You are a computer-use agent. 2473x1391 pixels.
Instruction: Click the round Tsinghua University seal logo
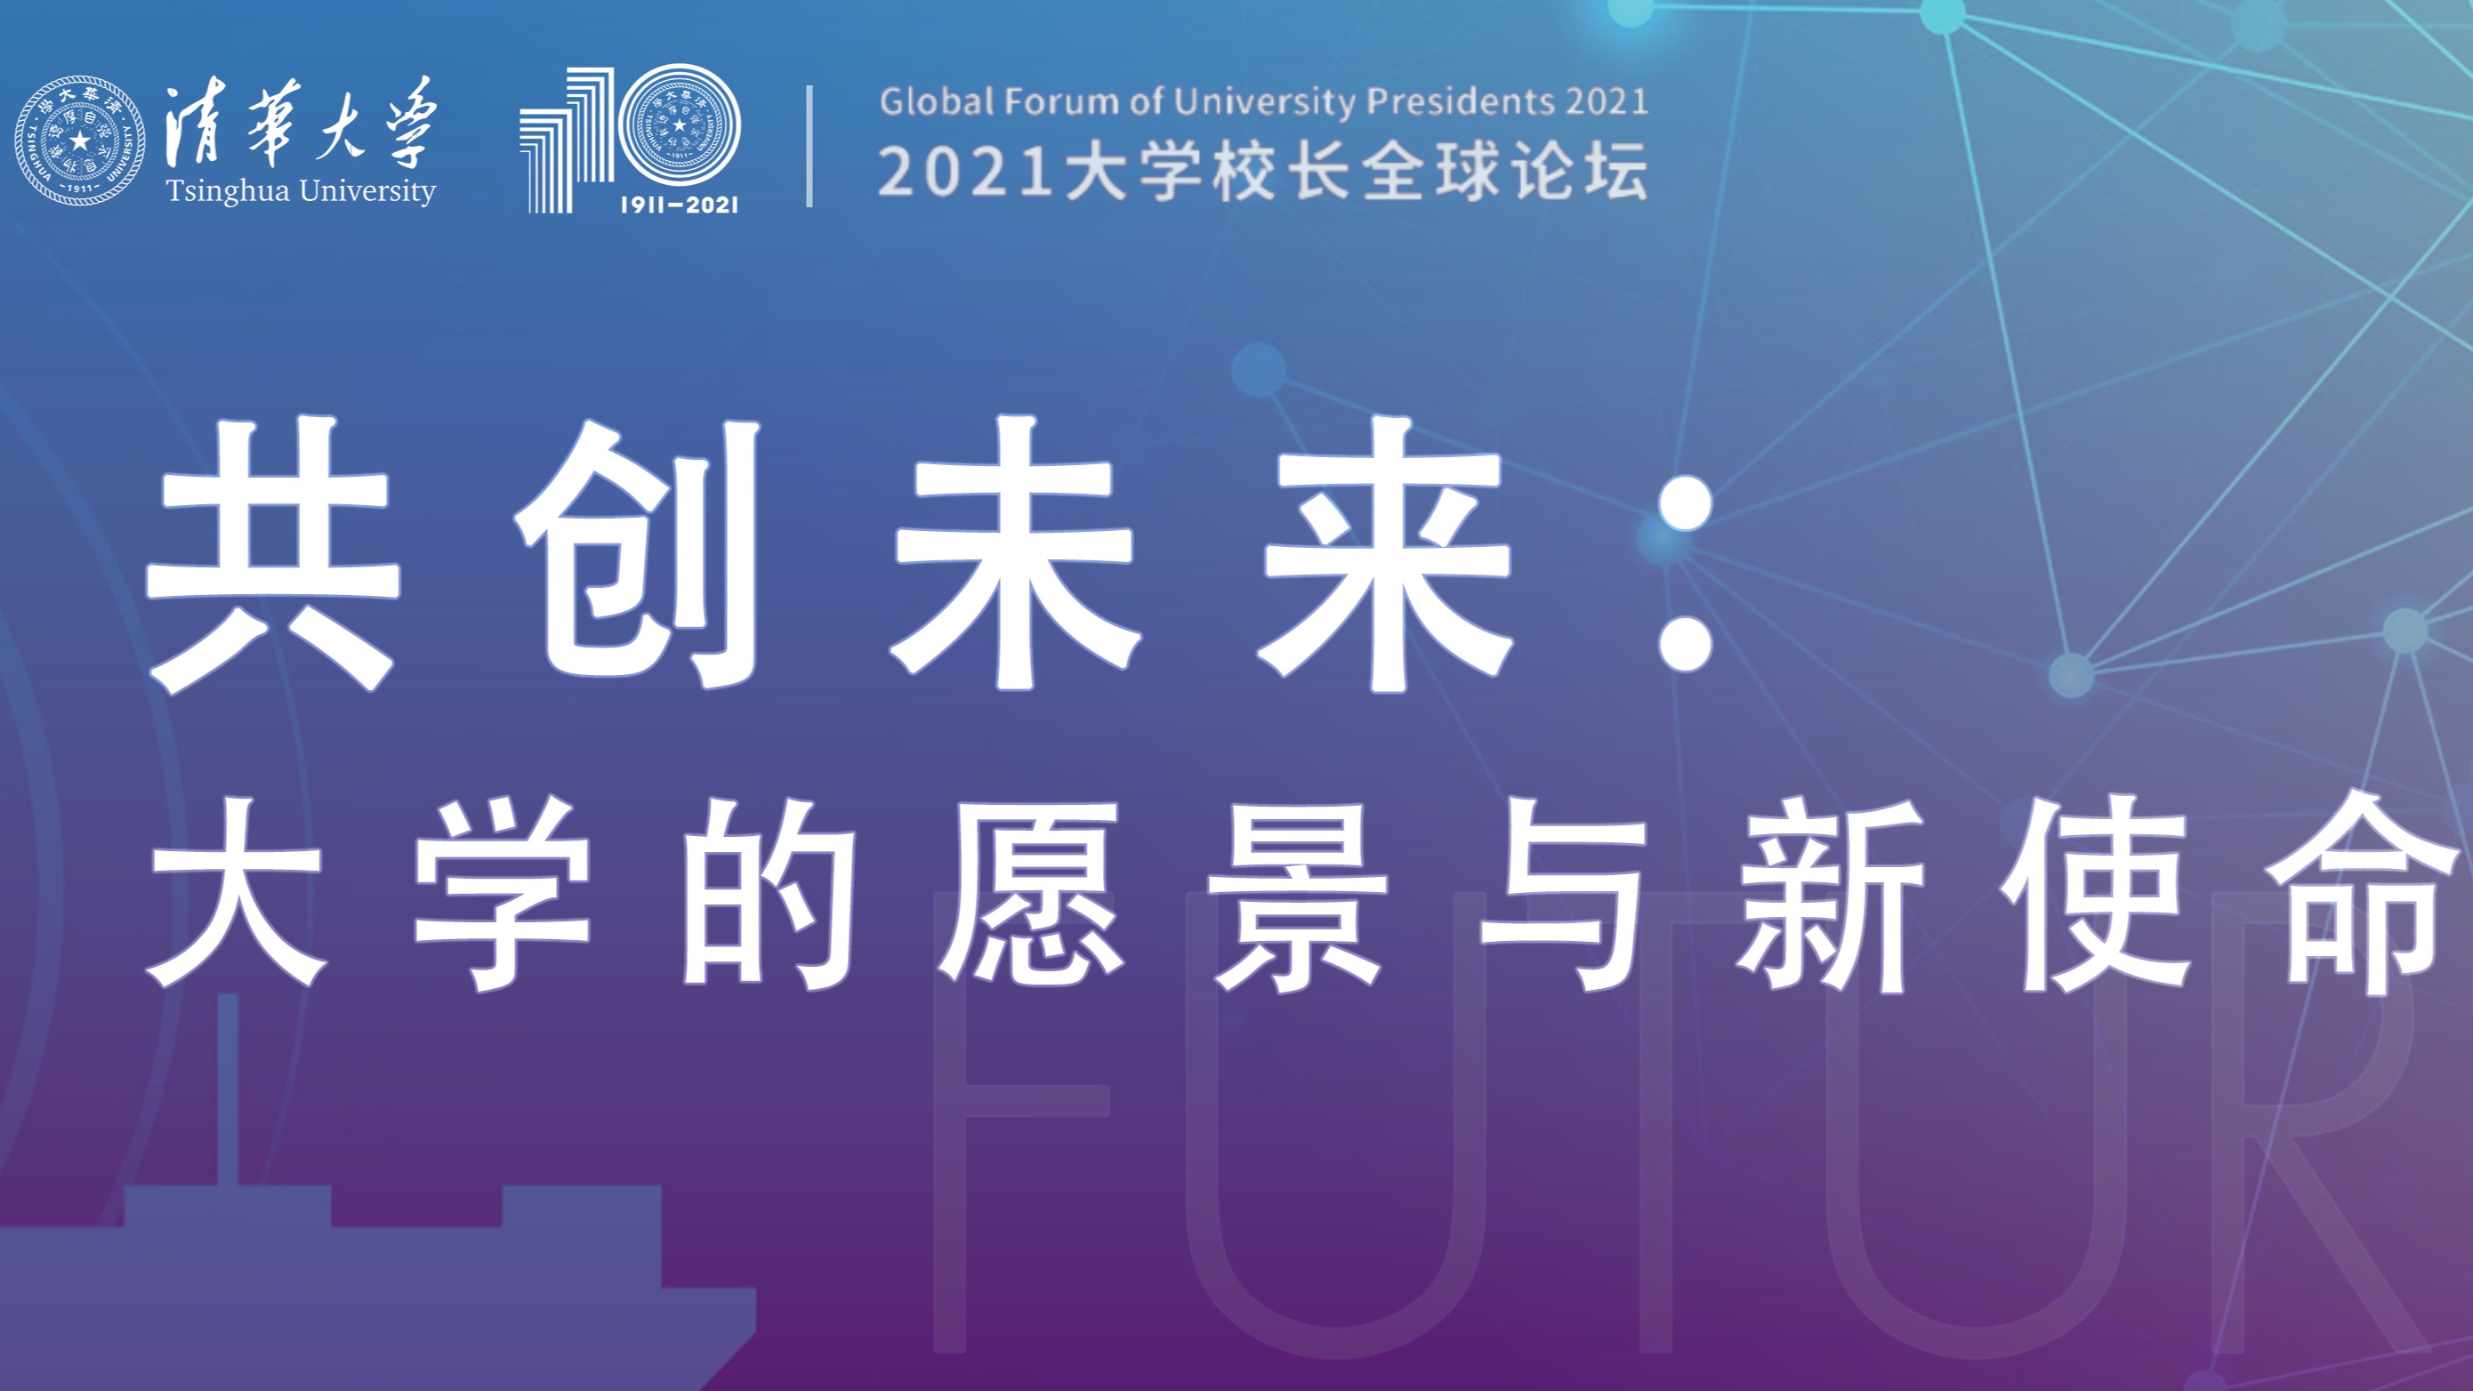coord(81,141)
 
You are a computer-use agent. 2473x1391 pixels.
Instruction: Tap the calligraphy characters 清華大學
coord(302,123)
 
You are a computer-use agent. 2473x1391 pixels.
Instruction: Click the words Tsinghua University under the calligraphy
coord(302,191)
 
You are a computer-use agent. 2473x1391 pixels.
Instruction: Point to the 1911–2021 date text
coord(679,204)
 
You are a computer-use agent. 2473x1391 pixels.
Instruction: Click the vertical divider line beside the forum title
coord(810,146)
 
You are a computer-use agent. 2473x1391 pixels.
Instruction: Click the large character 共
coord(272,555)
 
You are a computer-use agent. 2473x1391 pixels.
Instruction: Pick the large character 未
coord(1016,555)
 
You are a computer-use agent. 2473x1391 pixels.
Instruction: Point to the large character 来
coord(1386,555)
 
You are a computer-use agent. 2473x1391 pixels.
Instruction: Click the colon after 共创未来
coord(1686,574)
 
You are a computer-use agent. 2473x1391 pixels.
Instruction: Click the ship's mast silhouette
coord(228,1090)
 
